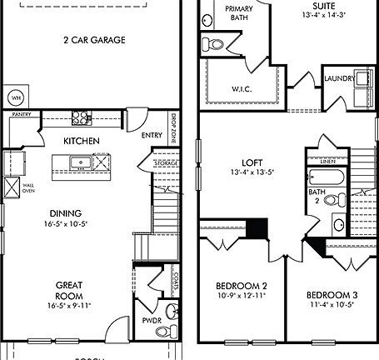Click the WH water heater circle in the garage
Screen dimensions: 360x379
point(15,96)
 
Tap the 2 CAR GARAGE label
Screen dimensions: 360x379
point(93,40)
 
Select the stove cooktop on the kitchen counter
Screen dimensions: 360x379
point(82,117)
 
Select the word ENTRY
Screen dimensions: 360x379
point(152,135)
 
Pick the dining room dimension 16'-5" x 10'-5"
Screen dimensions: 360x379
point(64,224)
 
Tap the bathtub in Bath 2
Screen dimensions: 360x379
point(326,177)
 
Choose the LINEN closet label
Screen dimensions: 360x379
point(327,162)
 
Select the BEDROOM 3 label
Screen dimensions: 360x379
point(331,295)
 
